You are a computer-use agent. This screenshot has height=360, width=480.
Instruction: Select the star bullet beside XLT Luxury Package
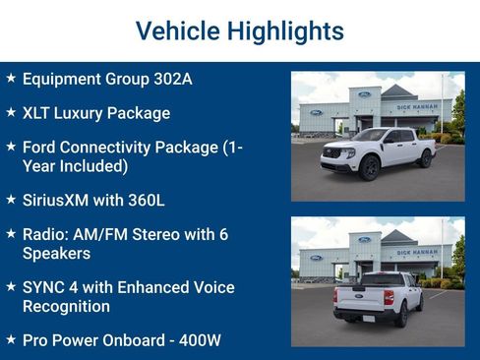click(x=10, y=112)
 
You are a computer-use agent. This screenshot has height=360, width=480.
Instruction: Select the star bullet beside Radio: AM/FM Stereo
click(x=10, y=234)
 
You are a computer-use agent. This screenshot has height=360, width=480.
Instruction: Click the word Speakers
click(x=56, y=253)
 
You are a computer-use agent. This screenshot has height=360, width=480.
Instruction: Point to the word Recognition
click(x=66, y=306)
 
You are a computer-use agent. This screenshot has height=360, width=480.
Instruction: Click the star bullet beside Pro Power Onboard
click(x=10, y=339)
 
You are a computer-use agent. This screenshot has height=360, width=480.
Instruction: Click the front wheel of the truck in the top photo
click(x=368, y=167)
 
